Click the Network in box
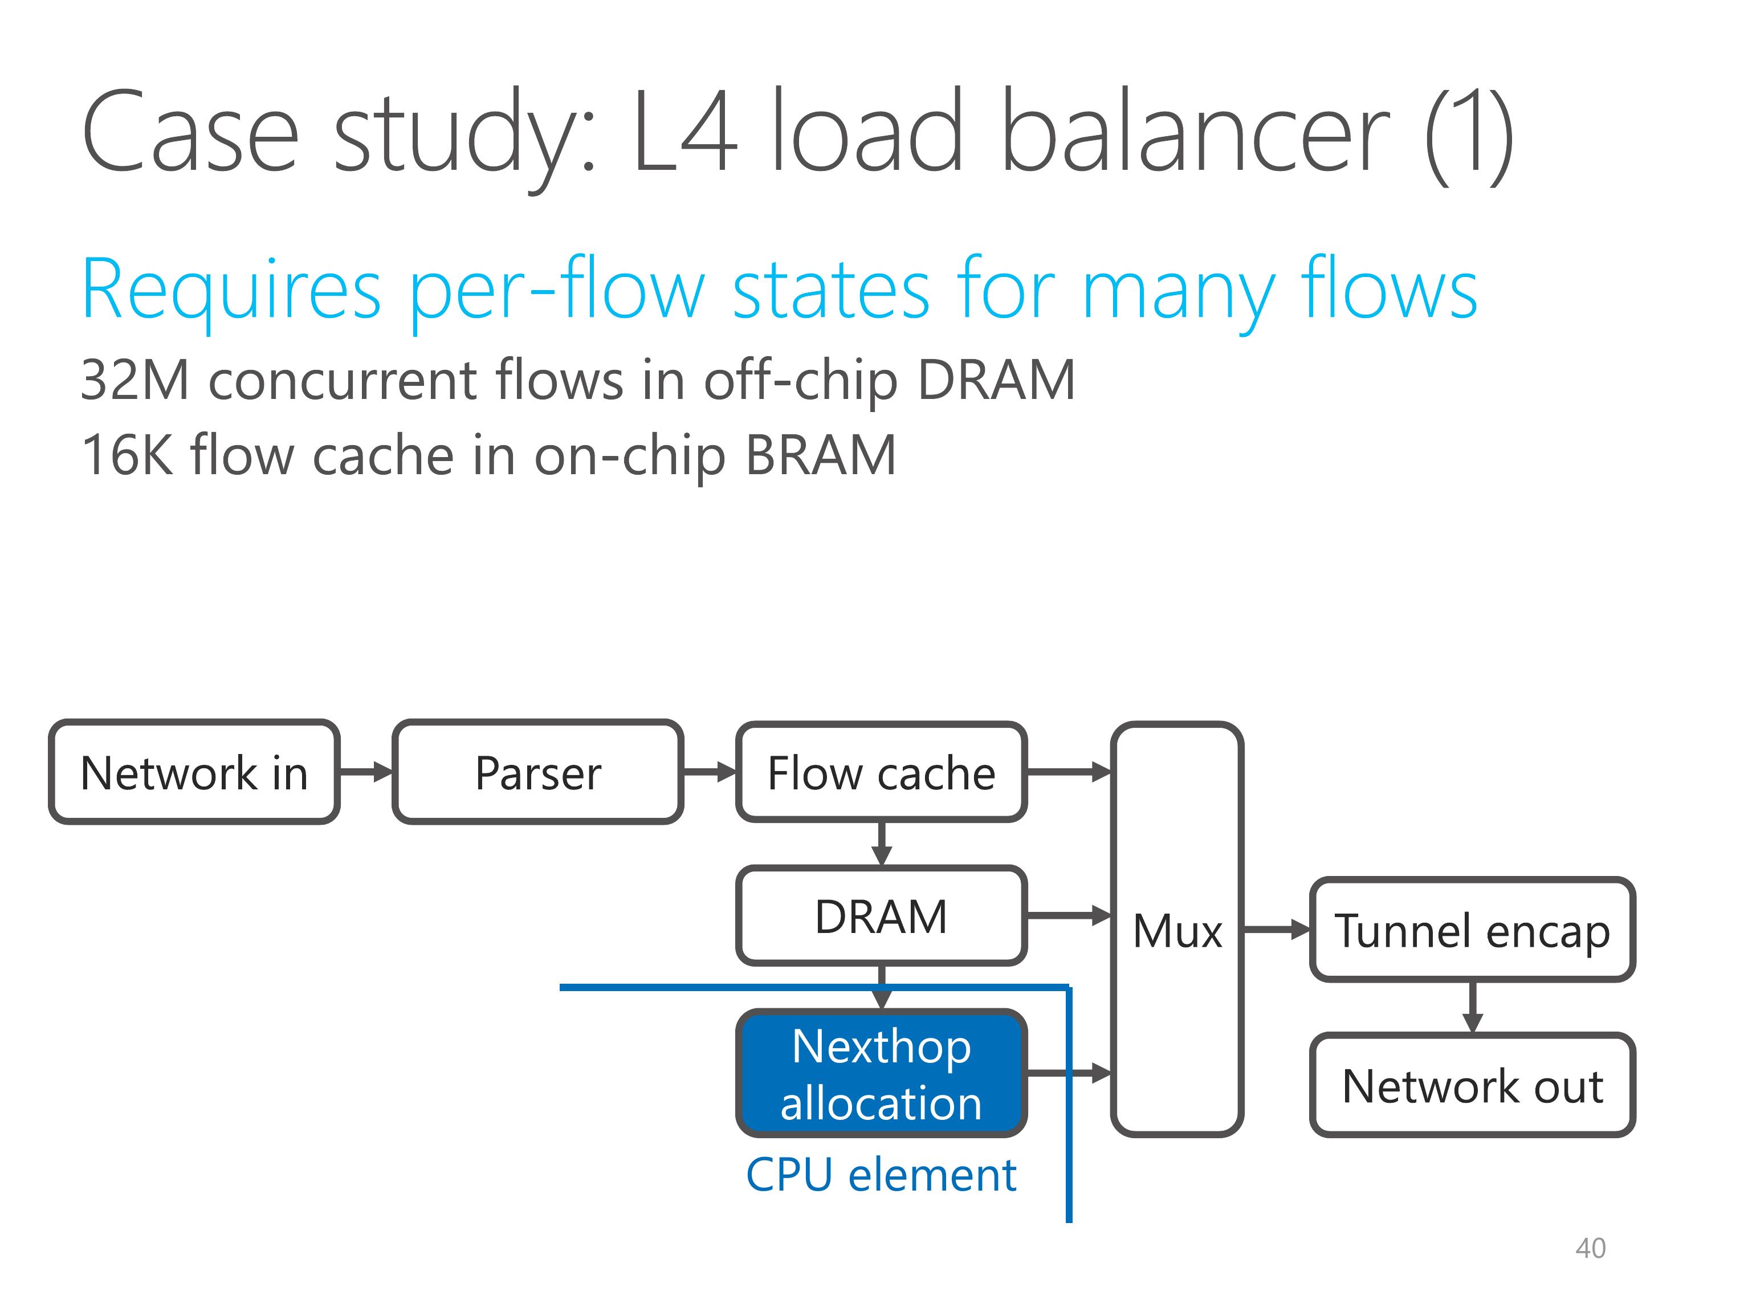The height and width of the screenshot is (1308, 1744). (x=194, y=772)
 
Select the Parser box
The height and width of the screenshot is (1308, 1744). (x=537, y=772)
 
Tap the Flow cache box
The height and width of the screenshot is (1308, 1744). (x=882, y=772)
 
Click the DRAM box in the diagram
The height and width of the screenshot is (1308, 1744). (x=882, y=916)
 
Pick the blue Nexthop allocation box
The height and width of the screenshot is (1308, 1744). (x=882, y=1073)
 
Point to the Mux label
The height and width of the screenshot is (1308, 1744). (x=1177, y=931)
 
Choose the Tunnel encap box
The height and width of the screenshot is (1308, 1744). (x=1472, y=930)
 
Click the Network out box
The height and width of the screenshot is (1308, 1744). (x=1472, y=1086)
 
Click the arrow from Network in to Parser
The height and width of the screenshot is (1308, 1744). (x=366, y=772)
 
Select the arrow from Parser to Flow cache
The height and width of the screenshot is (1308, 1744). (x=710, y=772)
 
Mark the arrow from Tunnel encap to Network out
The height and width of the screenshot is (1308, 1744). (x=1472, y=1008)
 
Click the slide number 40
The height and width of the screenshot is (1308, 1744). (x=1590, y=1248)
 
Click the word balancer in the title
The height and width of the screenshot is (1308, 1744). (x=1195, y=131)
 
